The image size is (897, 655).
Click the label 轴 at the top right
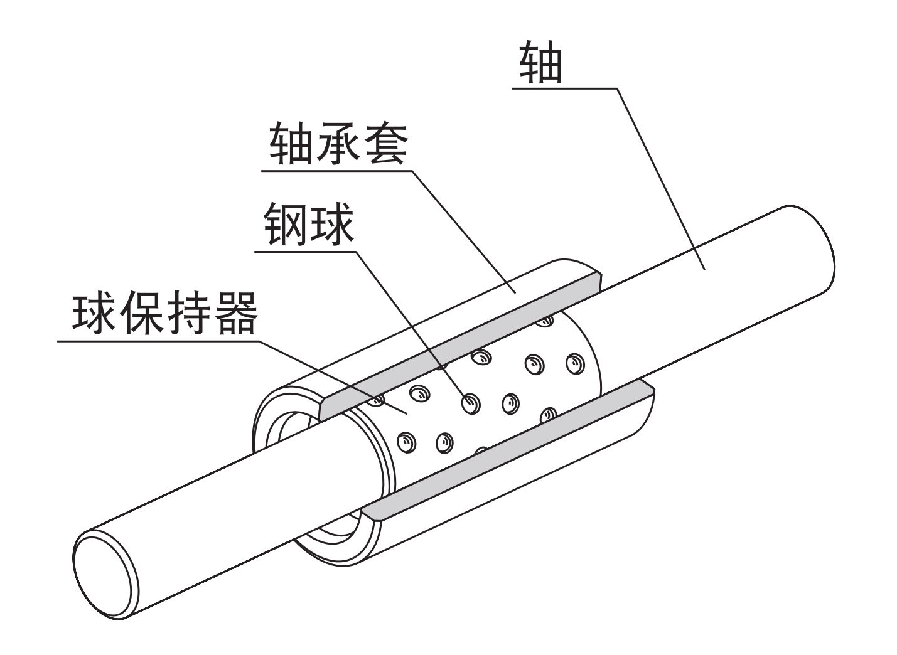540,64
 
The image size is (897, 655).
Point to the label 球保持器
165,313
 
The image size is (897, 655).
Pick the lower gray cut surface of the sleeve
508,449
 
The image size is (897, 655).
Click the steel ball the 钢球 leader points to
470,403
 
